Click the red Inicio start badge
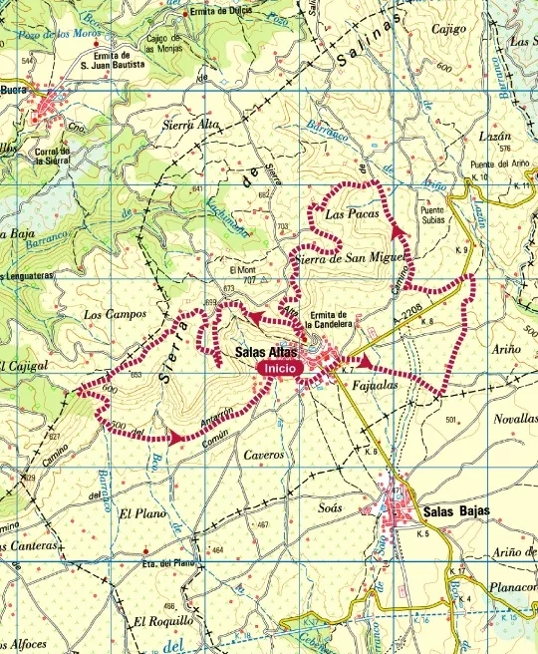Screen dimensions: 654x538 (280, 368)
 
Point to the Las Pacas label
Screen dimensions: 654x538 (347, 212)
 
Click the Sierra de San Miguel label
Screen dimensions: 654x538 (349, 259)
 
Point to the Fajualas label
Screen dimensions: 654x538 (376, 384)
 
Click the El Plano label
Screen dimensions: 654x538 (138, 513)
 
